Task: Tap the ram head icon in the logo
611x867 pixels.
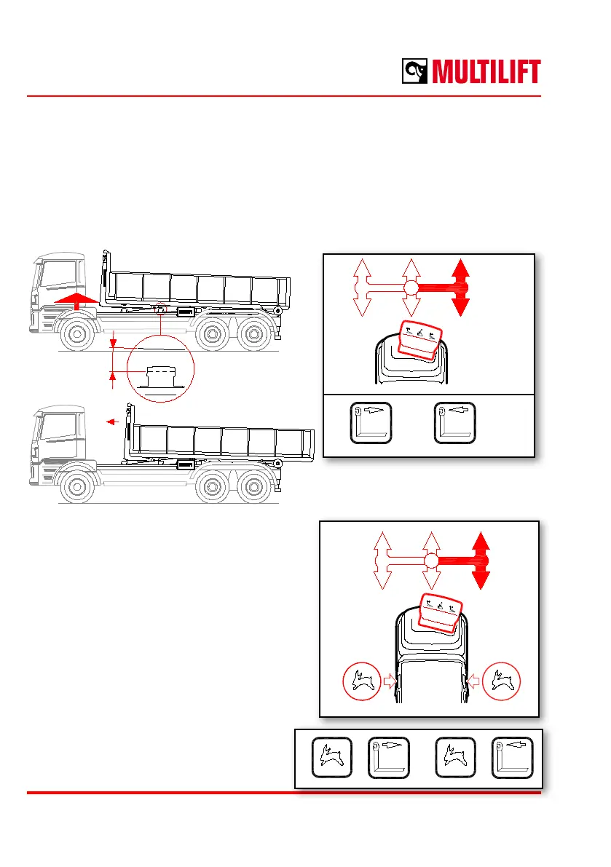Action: (417, 71)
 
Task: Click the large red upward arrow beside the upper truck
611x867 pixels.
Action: (75, 299)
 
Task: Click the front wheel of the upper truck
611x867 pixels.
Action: (76, 334)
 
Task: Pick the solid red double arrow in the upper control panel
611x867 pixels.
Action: (460, 287)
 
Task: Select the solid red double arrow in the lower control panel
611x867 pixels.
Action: (479, 561)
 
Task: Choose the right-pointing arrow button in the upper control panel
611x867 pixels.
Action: (371, 422)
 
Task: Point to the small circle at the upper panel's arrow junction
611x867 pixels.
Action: (411, 287)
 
